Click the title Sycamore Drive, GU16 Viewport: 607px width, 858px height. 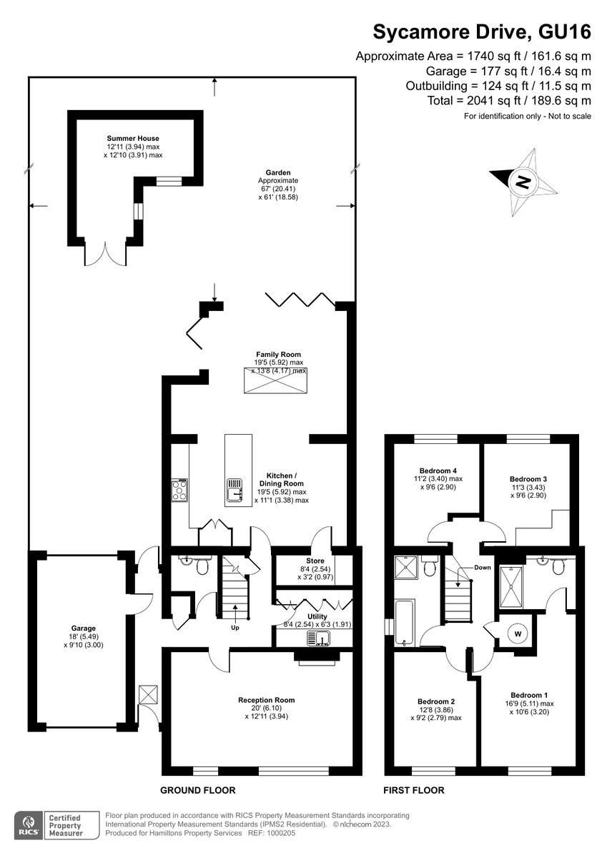[482, 31]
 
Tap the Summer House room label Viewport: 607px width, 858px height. [133, 138]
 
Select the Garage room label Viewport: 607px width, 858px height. [83, 628]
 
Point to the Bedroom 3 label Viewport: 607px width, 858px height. [528, 479]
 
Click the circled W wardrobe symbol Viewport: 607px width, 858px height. [518, 634]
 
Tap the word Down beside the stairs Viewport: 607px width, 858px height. [482, 568]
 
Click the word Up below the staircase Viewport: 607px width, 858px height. [235, 628]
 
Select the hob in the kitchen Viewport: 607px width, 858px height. [179, 490]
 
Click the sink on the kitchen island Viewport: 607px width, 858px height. [235, 490]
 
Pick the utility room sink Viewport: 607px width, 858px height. [318, 638]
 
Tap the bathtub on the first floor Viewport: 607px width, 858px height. [404, 623]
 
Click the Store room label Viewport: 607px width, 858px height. [315, 561]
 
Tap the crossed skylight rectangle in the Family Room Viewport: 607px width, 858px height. [276, 380]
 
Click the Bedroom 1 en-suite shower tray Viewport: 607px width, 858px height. [511, 587]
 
